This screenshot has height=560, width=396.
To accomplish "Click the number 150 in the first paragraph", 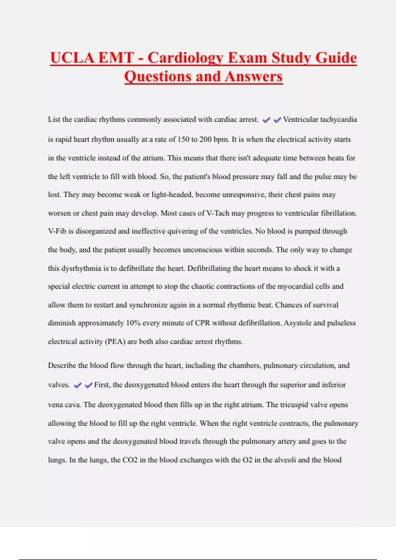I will [x=183, y=139].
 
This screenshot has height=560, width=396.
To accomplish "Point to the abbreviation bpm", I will [x=221, y=139].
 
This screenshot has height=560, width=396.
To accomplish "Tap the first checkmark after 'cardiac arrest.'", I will [x=266, y=120].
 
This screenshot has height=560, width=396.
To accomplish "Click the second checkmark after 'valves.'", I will [x=88, y=385].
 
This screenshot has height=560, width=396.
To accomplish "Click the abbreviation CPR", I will [x=202, y=323].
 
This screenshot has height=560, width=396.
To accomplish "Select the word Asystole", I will [x=298, y=323].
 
